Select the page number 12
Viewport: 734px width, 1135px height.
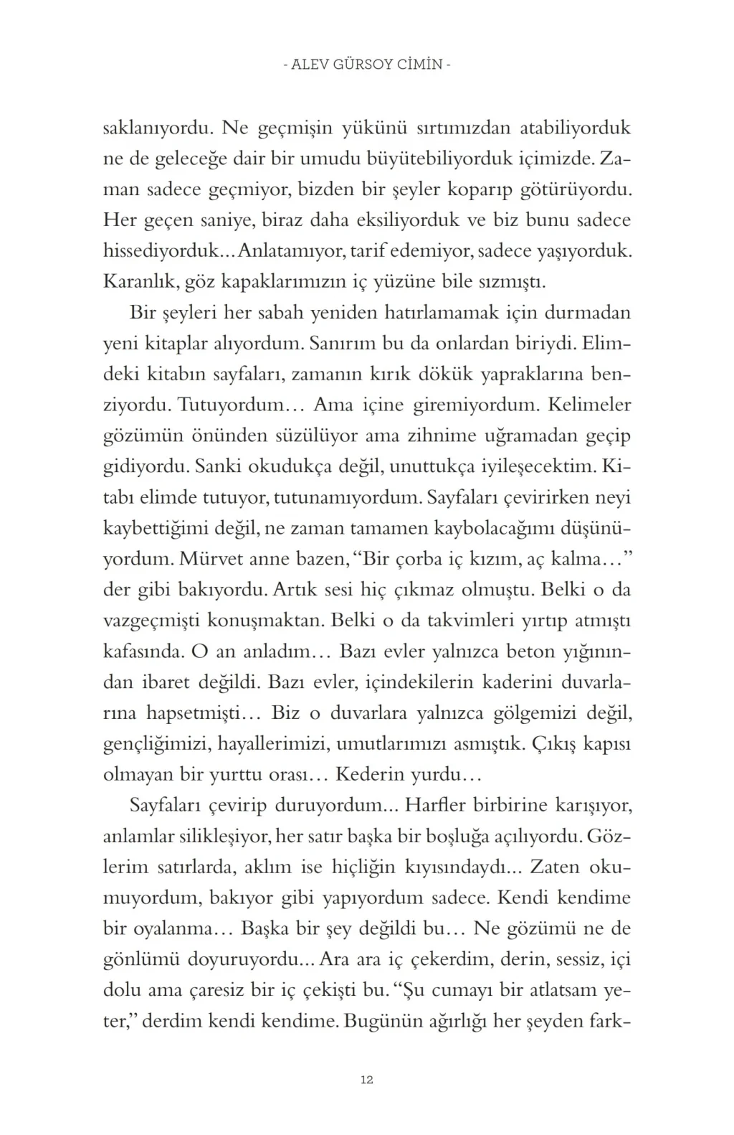tap(367, 1080)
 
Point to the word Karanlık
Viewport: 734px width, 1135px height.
tap(139, 281)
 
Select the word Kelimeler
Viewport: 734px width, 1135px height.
tap(589, 405)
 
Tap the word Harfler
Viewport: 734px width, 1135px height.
tap(436, 805)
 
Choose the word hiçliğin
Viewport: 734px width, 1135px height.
tap(363, 867)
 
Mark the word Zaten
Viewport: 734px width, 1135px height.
tap(554, 867)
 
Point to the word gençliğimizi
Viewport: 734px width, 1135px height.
tap(156, 744)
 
